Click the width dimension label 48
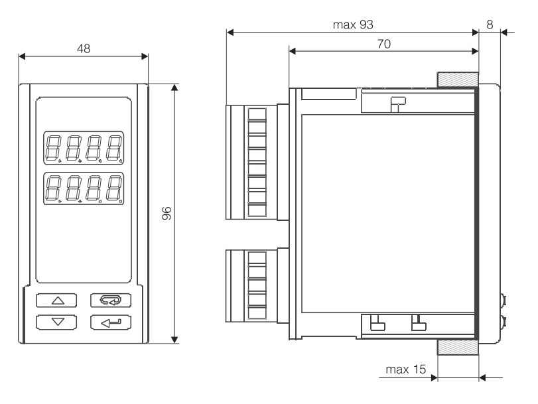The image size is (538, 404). pyautogui.click(x=84, y=48)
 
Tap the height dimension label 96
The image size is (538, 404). pyautogui.click(x=167, y=214)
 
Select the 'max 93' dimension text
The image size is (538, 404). pyautogui.click(x=352, y=25)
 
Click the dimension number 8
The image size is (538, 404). pyautogui.click(x=490, y=25)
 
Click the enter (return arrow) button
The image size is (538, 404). pyautogui.click(x=111, y=323)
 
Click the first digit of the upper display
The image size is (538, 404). pyautogui.click(x=53, y=149)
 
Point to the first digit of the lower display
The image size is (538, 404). pyautogui.click(x=53, y=188)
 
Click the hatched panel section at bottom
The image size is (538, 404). pyautogui.click(x=457, y=349)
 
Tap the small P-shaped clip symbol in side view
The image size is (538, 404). pyautogui.click(x=397, y=103)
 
